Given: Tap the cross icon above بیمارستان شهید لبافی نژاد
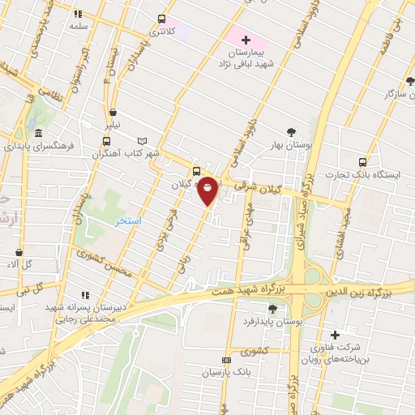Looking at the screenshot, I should click(246, 40).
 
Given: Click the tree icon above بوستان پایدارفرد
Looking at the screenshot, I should click(272, 308).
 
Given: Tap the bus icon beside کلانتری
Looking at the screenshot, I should click(161, 19).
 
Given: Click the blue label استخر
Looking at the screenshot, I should click(129, 221).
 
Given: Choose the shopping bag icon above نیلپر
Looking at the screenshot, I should click(112, 113).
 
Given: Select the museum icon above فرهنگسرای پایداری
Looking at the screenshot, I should click(37, 134).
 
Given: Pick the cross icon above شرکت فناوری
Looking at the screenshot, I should click(335, 334).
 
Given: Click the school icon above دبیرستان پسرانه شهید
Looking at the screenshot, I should click(83, 295).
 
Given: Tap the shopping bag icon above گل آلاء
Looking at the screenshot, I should click(18, 252).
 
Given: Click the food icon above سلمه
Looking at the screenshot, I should click(78, 14).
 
